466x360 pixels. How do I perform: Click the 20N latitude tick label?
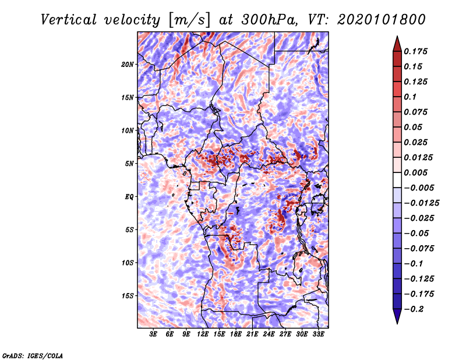click(128, 64)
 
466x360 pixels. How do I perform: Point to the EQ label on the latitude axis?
click(129, 196)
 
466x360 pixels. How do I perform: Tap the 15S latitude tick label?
click(128, 295)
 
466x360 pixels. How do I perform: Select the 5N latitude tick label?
click(129, 163)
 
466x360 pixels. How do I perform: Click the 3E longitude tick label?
click(154, 334)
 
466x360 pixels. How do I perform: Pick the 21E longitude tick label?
click(252, 334)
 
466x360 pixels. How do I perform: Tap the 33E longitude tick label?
click(318, 334)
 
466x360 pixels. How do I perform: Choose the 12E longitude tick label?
click(203, 334)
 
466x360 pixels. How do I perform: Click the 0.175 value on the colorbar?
click(416, 51)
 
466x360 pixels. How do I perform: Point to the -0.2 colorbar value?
click(414, 309)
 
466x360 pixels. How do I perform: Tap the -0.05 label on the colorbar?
click(416, 233)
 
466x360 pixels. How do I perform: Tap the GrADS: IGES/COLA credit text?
click(32, 354)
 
